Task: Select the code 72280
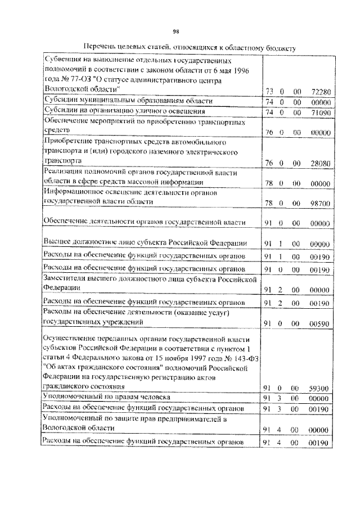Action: [320, 91]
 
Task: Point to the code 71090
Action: [320, 112]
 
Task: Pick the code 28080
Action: [320, 163]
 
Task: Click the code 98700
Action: [320, 201]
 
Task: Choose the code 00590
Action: [320, 323]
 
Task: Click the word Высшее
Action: [57, 242]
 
